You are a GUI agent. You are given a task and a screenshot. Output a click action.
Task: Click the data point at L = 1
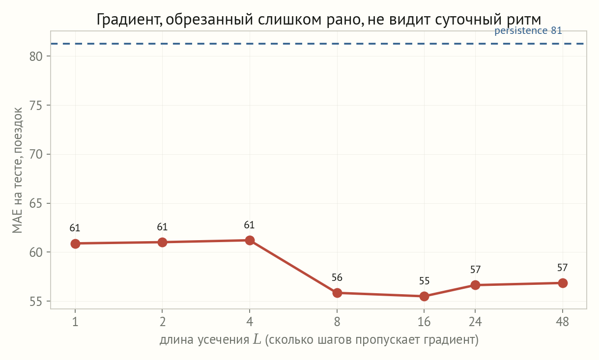pos(75,244)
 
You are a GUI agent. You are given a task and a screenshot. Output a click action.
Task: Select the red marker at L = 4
pos(250,240)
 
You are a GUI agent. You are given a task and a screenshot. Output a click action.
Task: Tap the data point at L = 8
pos(337,293)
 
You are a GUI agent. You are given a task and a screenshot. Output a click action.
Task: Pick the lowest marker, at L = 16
pos(424,296)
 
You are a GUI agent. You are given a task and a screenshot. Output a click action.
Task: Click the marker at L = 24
pos(475,285)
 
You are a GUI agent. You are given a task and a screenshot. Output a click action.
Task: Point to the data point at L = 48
pos(563,283)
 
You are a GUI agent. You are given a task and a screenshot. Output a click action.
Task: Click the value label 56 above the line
pos(337,277)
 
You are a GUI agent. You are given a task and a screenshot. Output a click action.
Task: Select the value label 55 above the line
pos(424,281)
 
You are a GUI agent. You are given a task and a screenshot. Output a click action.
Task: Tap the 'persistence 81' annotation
pos(528,30)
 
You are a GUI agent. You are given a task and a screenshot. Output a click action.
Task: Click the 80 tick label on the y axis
pos(36,56)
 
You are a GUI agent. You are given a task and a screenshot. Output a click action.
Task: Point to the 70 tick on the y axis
pos(36,155)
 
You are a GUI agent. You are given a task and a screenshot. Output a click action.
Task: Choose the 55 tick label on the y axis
pos(36,302)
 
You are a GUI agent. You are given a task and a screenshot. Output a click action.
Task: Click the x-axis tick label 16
pos(424,322)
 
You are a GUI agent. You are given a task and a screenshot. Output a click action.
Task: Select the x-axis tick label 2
pos(162,322)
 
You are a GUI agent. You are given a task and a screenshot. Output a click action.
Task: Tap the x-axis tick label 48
pos(562,322)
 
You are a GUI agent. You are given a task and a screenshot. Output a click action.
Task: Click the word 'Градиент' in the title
pos(129,20)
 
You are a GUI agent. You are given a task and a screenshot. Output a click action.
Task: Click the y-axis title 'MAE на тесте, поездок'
pos(17,171)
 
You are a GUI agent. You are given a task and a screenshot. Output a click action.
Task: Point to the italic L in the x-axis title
pos(257,339)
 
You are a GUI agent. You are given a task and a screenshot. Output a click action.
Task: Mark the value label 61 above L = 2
pos(162,227)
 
